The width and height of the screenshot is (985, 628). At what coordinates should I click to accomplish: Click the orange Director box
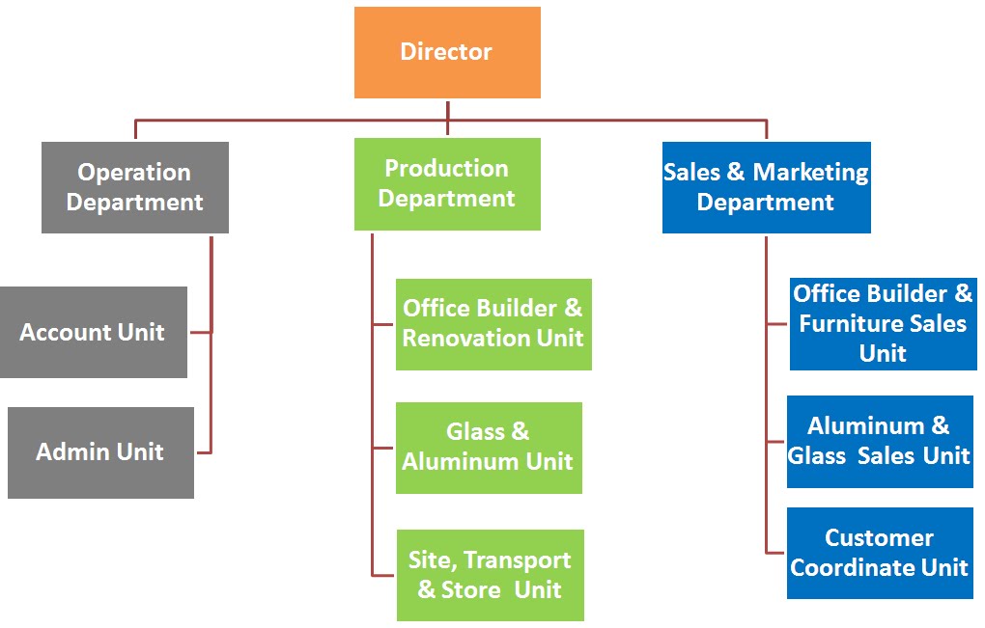(x=447, y=52)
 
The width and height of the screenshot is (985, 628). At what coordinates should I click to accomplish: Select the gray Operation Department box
(x=135, y=187)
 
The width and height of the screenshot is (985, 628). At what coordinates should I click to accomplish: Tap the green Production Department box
(x=447, y=183)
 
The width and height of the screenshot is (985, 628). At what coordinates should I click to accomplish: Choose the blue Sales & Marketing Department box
(x=766, y=187)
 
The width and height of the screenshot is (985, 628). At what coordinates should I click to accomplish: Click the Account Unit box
(x=93, y=332)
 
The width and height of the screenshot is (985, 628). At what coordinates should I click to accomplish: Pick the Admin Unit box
(x=100, y=451)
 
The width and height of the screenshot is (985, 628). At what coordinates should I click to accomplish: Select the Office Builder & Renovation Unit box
(x=492, y=324)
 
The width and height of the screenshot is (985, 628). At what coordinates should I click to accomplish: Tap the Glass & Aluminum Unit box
(x=489, y=448)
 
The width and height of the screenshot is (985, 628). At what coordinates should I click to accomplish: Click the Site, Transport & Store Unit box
(x=490, y=575)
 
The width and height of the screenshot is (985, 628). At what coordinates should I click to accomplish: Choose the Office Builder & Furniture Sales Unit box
(x=883, y=323)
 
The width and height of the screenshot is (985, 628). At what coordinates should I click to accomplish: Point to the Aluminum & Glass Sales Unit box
(x=879, y=441)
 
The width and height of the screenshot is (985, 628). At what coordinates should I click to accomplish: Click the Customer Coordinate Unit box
(x=879, y=553)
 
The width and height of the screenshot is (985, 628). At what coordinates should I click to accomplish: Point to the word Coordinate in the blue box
(x=850, y=567)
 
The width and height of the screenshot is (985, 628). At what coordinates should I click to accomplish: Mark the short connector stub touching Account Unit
(x=200, y=332)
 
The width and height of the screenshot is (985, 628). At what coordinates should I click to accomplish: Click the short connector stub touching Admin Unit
(x=203, y=451)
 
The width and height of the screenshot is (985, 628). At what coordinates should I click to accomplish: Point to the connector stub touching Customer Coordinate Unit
(x=776, y=553)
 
